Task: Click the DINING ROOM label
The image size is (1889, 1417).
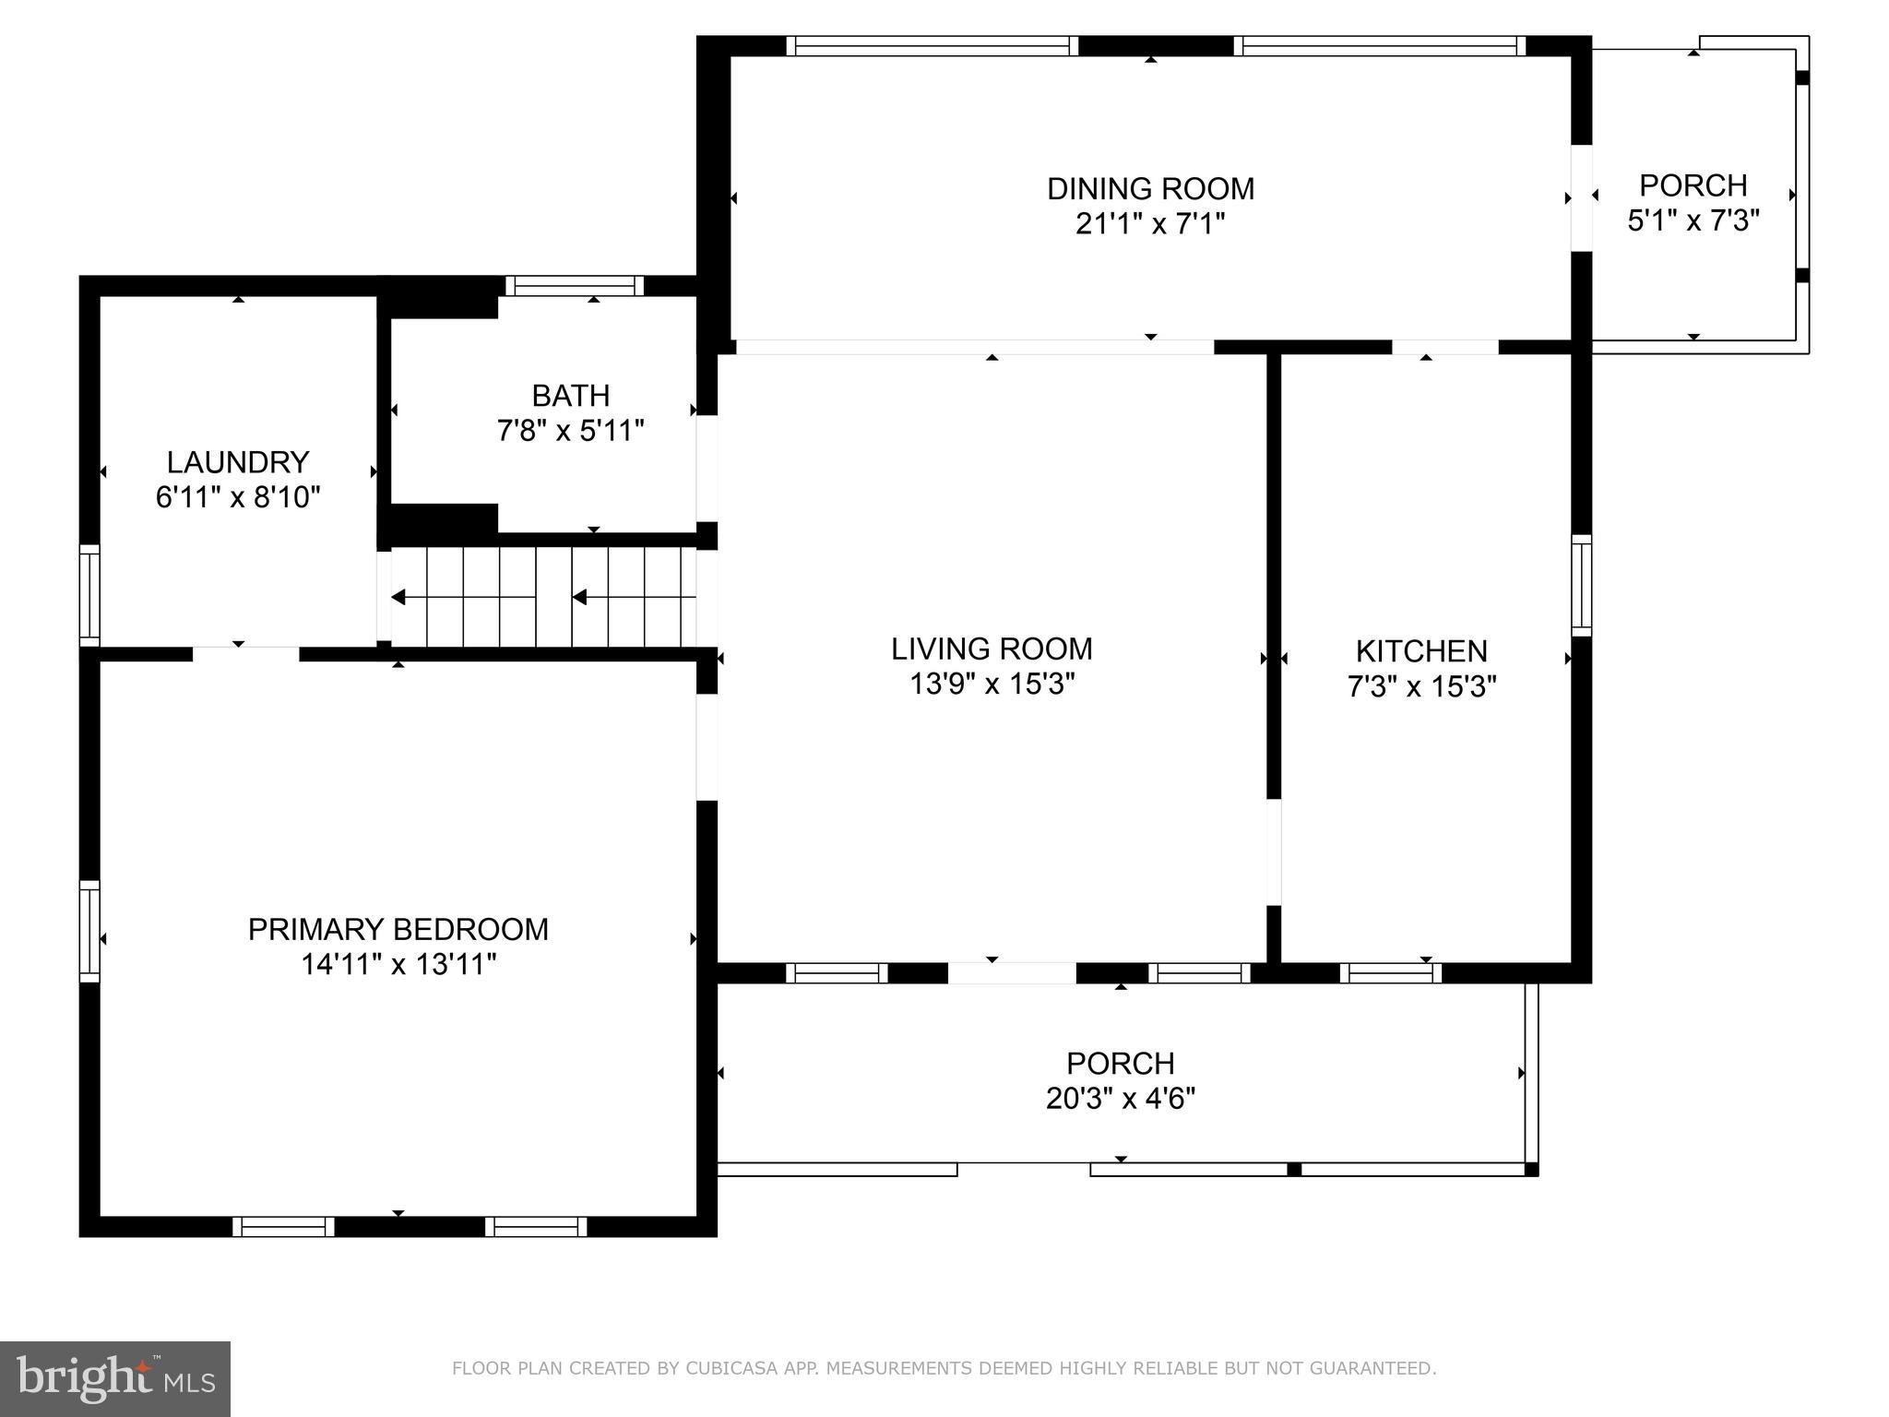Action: (x=1150, y=189)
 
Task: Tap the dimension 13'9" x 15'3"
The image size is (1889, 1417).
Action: (x=992, y=685)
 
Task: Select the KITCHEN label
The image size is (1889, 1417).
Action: (x=1421, y=651)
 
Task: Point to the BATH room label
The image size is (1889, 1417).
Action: (x=570, y=396)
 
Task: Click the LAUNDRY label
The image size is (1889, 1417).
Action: (x=238, y=462)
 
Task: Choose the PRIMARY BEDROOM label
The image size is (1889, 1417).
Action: (x=398, y=929)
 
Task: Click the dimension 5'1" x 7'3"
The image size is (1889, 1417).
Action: (x=1693, y=221)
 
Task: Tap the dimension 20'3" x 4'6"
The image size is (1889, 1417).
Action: (x=1120, y=1099)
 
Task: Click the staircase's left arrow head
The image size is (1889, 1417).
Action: (x=398, y=598)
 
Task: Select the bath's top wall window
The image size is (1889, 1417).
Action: (x=574, y=286)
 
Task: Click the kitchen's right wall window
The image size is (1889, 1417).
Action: (x=1581, y=585)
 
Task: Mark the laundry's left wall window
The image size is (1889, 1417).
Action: (x=89, y=595)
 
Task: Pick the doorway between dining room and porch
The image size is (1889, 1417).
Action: (x=1581, y=197)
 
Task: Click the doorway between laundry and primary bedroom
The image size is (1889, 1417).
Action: (x=245, y=654)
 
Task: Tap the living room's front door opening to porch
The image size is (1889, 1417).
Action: (x=1011, y=972)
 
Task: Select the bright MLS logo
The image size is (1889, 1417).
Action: (x=114, y=1378)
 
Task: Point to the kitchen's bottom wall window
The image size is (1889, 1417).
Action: (x=1390, y=972)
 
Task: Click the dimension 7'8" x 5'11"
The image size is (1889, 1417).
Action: (x=570, y=431)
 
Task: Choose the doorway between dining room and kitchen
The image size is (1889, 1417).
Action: (x=1444, y=347)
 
